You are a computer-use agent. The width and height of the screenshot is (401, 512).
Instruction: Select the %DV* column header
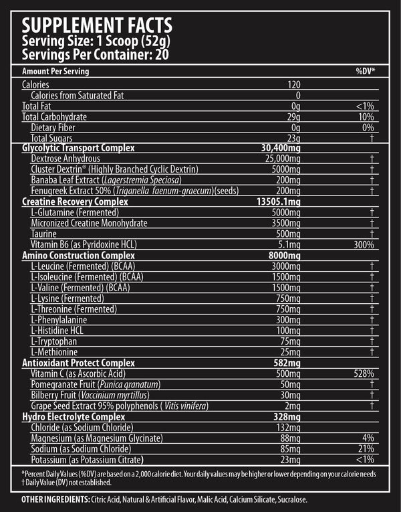pos(366,71)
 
